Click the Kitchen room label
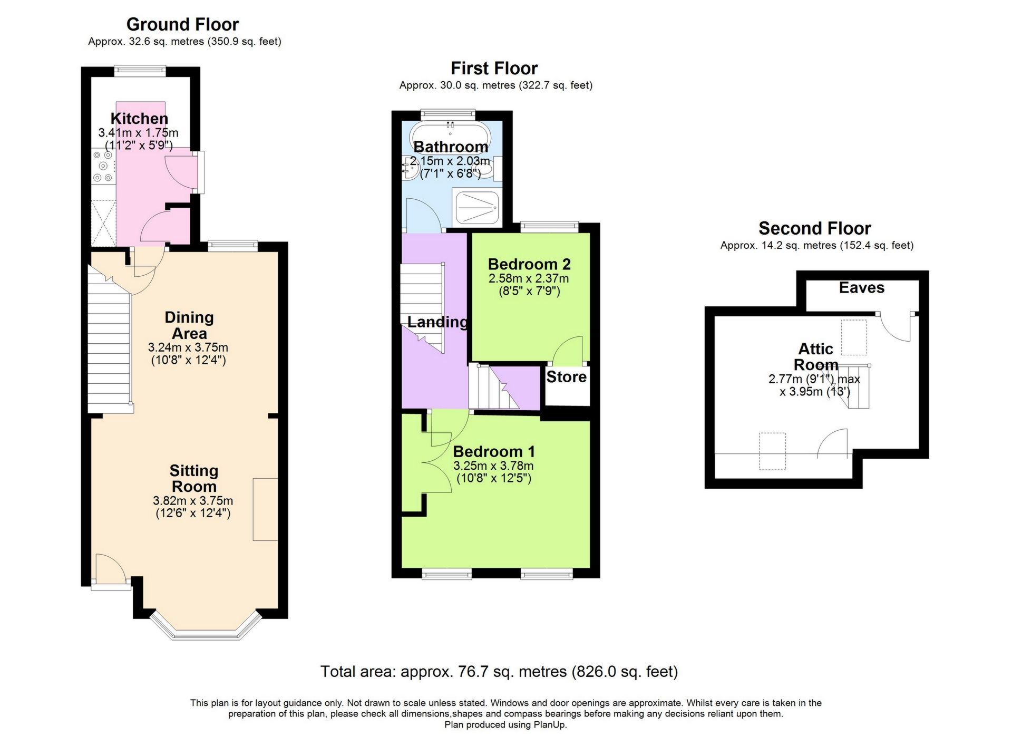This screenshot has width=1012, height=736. (x=139, y=118)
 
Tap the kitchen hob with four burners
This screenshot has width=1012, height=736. (x=103, y=167)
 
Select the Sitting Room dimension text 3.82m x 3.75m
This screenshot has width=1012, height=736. (x=193, y=500)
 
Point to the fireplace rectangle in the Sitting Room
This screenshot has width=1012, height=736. (x=265, y=509)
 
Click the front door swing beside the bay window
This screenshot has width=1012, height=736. (x=110, y=568)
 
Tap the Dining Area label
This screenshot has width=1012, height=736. (x=189, y=325)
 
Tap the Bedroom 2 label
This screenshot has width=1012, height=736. (x=529, y=264)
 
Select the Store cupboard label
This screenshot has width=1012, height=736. (x=566, y=377)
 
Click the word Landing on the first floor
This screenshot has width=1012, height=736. (x=437, y=322)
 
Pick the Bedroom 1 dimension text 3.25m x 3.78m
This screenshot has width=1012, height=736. (x=493, y=466)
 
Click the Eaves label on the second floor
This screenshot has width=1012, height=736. (x=861, y=288)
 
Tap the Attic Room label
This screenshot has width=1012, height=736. (x=815, y=357)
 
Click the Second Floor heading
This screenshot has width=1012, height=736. (x=814, y=228)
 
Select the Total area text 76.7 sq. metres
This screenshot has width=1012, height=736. (x=499, y=672)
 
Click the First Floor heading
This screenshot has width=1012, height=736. (x=494, y=69)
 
